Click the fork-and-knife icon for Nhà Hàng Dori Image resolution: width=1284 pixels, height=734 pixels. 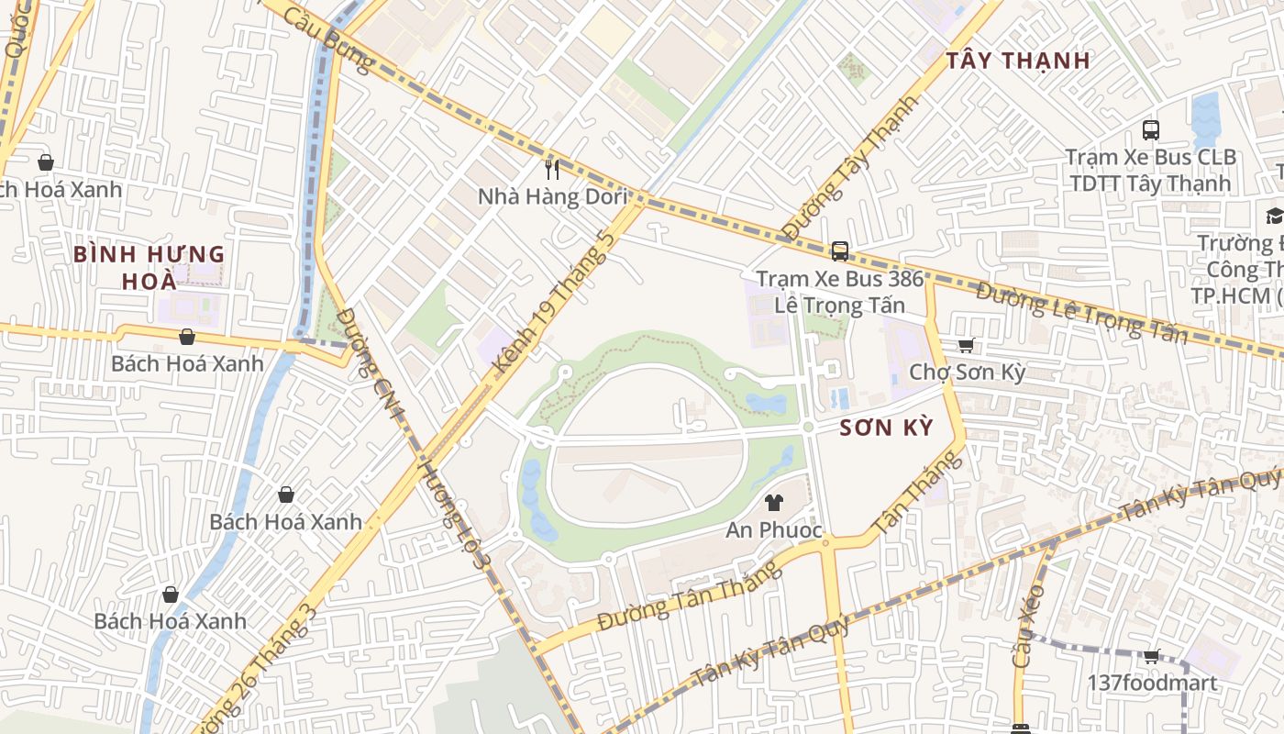pos(551,169)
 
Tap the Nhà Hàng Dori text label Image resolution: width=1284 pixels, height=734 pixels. pos(553,196)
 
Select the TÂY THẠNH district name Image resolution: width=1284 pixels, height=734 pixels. pos(1018,61)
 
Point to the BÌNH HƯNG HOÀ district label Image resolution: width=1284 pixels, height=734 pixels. pos(149,266)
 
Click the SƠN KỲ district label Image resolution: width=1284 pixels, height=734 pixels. pos(886,428)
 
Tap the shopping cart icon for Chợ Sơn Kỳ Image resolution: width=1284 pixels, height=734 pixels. pos(965,346)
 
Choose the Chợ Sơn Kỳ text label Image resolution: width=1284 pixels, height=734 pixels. pos(967,373)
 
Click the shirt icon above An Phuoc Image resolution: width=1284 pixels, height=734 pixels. pos(774,503)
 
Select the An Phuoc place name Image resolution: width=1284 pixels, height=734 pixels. pos(774,530)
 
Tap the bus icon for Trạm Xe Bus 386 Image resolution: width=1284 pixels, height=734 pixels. pos(839,250)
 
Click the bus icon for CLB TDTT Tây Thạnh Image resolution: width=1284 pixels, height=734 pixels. pos(1151,130)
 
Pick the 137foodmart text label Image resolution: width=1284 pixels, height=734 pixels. pos(1152,683)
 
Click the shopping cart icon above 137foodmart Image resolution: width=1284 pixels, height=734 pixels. pos(1151,656)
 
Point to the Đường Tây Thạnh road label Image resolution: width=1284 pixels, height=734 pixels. pos(849,168)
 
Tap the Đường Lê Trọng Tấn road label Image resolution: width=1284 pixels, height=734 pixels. pos(1081,313)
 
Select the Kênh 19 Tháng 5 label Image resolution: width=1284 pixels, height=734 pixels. pos(553,303)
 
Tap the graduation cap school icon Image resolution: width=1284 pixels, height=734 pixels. pos(1274,216)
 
